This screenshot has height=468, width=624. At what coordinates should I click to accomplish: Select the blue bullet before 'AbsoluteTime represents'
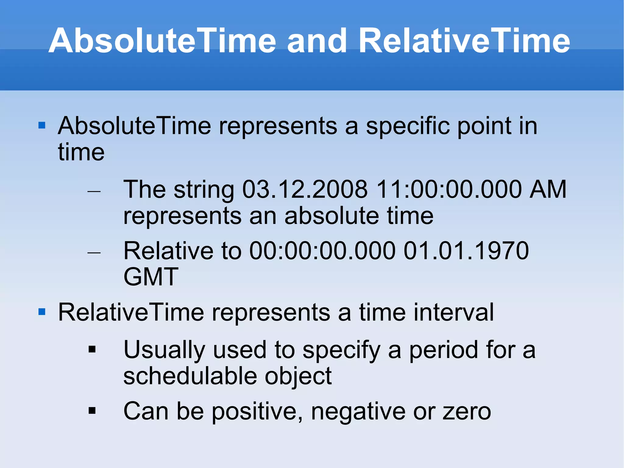click(x=42, y=125)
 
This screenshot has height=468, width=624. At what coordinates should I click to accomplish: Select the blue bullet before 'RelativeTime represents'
click(x=42, y=312)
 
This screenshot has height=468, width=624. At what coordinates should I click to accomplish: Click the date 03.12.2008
click(x=305, y=189)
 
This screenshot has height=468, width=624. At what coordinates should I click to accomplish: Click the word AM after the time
click(x=548, y=189)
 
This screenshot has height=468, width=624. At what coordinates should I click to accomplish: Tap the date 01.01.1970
click(x=466, y=251)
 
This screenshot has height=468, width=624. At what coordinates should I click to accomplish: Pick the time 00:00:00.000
click(x=322, y=251)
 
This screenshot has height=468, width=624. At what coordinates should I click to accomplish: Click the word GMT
click(x=151, y=277)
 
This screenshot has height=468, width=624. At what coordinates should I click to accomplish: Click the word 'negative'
click(x=358, y=411)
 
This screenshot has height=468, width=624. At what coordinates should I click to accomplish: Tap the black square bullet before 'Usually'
click(x=92, y=349)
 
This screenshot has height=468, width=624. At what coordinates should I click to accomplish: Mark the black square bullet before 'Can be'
click(x=92, y=411)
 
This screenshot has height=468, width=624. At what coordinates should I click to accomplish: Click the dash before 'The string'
click(x=94, y=191)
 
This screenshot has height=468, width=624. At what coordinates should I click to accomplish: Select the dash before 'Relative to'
click(x=94, y=253)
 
